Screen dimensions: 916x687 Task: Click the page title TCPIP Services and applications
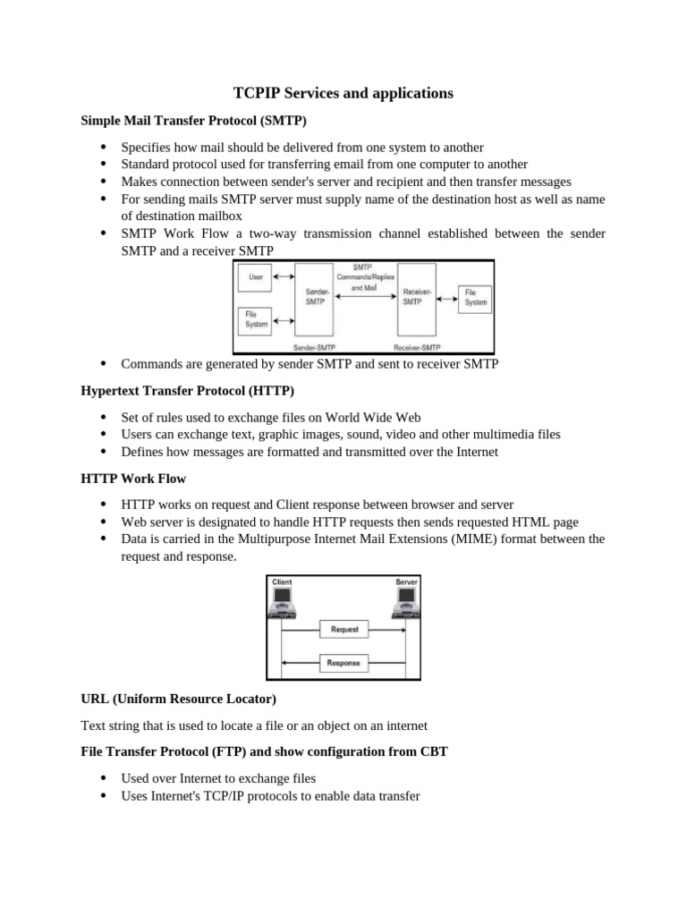click(x=343, y=93)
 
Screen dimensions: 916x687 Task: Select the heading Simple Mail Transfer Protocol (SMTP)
click(x=194, y=120)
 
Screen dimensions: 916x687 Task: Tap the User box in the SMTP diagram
click(x=256, y=277)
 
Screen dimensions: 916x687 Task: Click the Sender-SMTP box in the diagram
click(x=316, y=297)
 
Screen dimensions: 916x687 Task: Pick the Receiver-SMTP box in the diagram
click(x=415, y=297)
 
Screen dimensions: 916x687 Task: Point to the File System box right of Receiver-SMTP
click(x=475, y=298)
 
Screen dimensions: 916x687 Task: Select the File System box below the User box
click(x=256, y=319)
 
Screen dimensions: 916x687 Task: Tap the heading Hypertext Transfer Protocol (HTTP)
click(x=188, y=391)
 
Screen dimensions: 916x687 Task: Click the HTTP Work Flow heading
click(x=133, y=479)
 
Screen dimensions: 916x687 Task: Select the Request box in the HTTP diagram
click(x=344, y=630)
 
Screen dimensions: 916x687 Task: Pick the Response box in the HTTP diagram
click(x=344, y=663)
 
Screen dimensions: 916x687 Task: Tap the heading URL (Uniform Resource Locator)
click(x=179, y=698)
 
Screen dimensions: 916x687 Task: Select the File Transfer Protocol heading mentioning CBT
click(x=264, y=751)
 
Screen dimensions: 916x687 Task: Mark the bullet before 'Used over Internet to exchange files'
click(x=104, y=778)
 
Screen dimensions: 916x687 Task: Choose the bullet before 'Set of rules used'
click(x=104, y=418)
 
